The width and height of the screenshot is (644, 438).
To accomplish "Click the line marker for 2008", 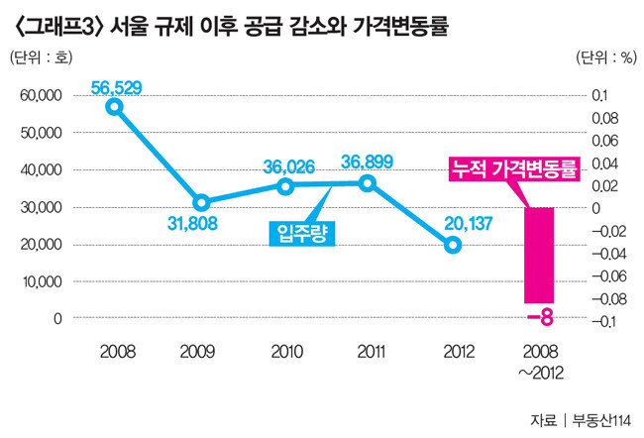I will coord(116,106).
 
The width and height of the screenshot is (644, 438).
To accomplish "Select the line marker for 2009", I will coord(201,202).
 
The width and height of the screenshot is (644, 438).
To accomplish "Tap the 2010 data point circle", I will coord(285,185).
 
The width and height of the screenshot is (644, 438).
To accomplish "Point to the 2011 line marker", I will coord(368,182).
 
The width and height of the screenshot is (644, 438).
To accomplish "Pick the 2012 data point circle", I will coord(453,244).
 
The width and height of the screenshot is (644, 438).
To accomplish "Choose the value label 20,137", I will coord(455,222).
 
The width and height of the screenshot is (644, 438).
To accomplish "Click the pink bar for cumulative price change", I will coord(539,255).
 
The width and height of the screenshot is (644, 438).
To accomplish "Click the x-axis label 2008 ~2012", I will coord(540,360).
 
